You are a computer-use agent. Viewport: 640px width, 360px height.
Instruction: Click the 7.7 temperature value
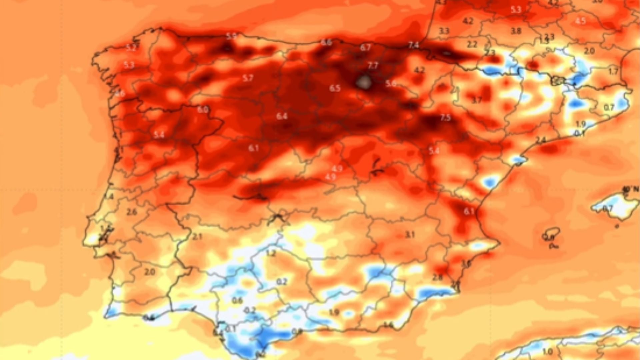coord(373,65)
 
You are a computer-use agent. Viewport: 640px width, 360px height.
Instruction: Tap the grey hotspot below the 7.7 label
coord(364,81)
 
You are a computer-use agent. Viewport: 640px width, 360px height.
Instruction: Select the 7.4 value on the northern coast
coord(413,45)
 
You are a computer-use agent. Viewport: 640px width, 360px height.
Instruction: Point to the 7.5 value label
coord(445,117)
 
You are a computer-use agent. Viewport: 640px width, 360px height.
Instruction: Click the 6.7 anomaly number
coord(365,47)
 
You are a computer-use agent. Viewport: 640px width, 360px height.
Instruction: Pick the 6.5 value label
coord(335,88)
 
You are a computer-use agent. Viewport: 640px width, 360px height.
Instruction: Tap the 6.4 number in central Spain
coord(282,116)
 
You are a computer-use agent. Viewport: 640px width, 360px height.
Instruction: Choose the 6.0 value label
coord(203,109)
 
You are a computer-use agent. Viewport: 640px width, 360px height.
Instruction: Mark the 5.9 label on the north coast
coord(231,36)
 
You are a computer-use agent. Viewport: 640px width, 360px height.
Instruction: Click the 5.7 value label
coord(248,78)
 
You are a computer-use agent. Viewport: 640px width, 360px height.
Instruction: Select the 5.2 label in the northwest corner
coord(131,48)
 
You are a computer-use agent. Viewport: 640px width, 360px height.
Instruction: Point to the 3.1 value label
coord(410,235)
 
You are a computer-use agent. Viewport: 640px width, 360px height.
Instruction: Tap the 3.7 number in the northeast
coord(477,100)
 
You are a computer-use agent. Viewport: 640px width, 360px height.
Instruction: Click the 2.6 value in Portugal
coord(132,212)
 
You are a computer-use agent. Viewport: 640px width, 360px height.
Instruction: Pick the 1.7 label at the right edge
coord(613,71)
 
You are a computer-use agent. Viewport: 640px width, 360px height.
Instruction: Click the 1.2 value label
coord(271,253)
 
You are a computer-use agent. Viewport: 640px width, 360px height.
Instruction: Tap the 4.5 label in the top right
coord(580,21)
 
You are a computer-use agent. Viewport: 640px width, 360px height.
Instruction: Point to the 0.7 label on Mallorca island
coord(608,209)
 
